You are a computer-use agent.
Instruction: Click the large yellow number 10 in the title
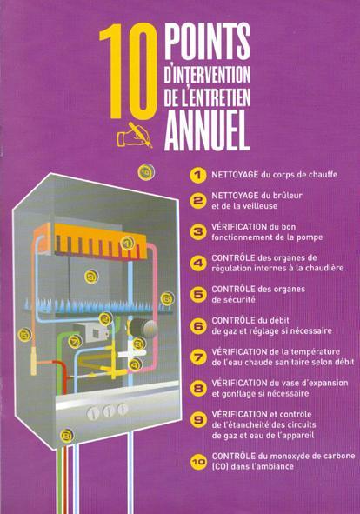click(x=128, y=72)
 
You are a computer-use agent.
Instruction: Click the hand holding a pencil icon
click(x=135, y=135)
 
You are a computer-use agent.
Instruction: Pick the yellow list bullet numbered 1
click(x=197, y=175)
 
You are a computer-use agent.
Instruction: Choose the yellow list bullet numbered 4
click(x=198, y=264)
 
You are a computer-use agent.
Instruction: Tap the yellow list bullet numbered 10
click(x=198, y=462)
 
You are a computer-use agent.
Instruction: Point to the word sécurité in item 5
click(x=233, y=299)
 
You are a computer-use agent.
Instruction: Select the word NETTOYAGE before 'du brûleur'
click(x=235, y=196)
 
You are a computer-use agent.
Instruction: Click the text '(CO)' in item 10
click(x=220, y=466)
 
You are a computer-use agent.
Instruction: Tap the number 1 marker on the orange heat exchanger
click(x=127, y=243)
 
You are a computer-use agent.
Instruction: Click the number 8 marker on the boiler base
click(x=67, y=436)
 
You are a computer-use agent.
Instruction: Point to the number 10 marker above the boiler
click(x=146, y=171)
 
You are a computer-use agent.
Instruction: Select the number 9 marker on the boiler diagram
click(x=91, y=277)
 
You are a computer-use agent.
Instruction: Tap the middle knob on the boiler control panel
click(x=109, y=411)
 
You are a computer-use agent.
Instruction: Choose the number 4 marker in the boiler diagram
click(x=135, y=364)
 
